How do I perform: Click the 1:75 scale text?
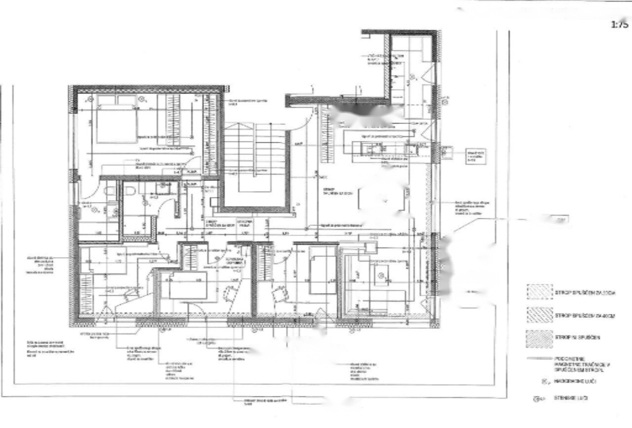tap(619, 24)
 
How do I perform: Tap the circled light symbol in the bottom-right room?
tap(381, 275)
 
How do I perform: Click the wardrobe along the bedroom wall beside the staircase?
tap(210, 133)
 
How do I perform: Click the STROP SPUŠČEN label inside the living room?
tap(329, 191)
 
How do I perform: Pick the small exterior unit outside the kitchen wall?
tap(445, 152)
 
